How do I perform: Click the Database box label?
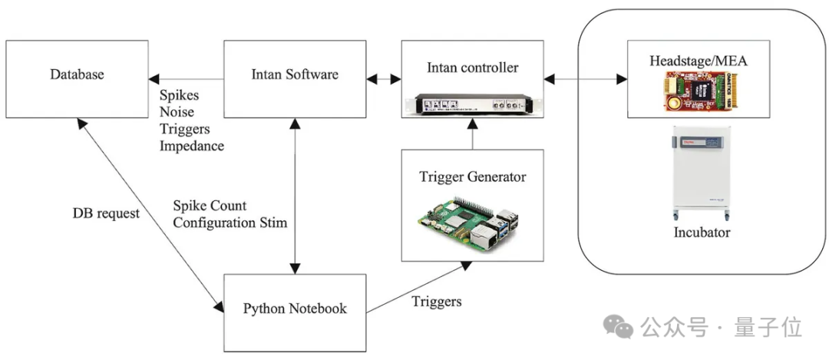point(77,74)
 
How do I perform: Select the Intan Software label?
point(295,74)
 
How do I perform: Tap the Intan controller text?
point(472,68)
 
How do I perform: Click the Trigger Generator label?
point(472,177)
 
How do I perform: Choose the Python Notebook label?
point(295,309)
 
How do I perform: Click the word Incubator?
point(701,232)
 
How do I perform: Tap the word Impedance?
point(192,146)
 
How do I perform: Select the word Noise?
point(176,113)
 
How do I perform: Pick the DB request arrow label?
point(106,213)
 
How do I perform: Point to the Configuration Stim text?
point(230,223)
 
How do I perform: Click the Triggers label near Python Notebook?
point(437,301)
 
